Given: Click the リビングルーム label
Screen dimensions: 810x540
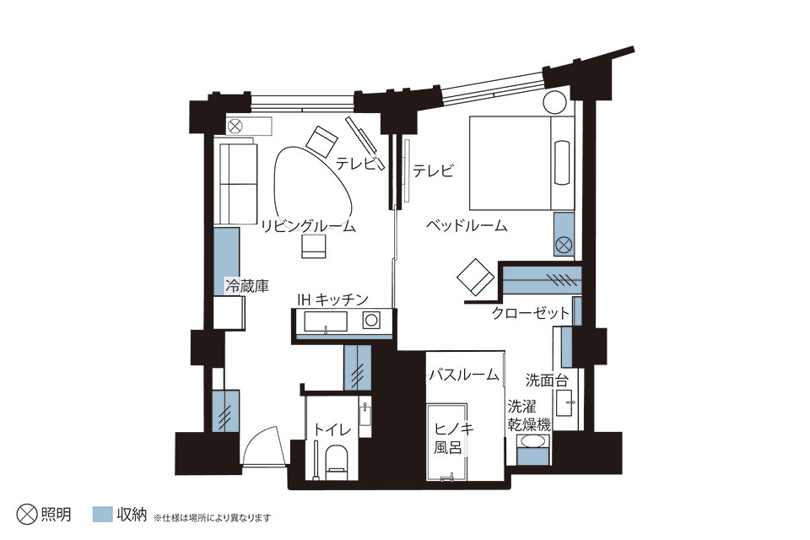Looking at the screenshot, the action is point(309,226).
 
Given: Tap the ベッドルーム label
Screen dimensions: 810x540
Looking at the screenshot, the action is point(467,225).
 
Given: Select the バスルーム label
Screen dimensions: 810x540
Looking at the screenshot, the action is point(464,374).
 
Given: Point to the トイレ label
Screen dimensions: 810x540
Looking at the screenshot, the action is point(332,429).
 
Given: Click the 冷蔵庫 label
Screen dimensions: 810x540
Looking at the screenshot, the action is point(247,286).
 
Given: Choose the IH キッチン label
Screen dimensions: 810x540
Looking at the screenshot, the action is point(332,300).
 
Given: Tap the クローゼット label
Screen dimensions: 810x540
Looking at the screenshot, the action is point(531,313).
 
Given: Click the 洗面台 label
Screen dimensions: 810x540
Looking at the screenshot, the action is point(547,381).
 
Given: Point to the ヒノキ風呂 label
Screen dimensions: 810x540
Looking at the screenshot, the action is point(447,438).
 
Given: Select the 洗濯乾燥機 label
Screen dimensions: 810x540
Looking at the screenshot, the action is point(528,415).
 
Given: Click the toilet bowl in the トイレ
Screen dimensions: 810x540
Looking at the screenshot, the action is point(337,460).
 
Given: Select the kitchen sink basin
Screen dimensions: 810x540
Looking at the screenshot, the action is point(326,321).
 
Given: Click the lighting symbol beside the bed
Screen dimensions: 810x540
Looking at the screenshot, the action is point(564,243).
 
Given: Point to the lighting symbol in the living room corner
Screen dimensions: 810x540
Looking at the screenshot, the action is point(235,126).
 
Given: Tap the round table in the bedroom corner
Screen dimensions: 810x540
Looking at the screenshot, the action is point(555,102).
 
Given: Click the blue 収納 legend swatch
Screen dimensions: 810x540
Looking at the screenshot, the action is point(102,514).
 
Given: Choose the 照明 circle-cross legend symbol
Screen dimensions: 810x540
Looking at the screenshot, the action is point(27,514).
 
